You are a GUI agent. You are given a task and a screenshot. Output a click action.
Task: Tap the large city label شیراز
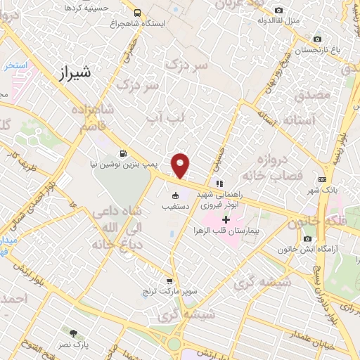pyautogui.click(x=72, y=72)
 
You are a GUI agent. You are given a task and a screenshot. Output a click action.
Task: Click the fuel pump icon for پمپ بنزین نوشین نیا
pyautogui.click(x=124, y=153)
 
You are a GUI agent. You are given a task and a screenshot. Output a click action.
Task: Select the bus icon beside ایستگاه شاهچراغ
pyautogui.click(x=136, y=12)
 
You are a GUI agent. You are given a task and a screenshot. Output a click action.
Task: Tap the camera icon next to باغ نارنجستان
pyautogui.click(x=317, y=39)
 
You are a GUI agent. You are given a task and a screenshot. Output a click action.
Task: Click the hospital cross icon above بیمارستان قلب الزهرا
pyautogui.click(x=225, y=220)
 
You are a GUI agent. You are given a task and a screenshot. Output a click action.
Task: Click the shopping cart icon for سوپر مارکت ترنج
pyautogui.click(x=169, y=280)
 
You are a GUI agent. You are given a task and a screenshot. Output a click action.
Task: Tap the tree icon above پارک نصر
pyautogui.click(x=72, y=331)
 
